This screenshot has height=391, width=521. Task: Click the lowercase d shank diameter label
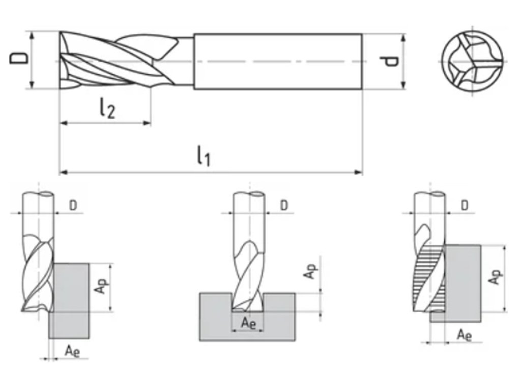(x=391, y=62)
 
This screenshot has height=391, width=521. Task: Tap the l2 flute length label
(x=107, y=108)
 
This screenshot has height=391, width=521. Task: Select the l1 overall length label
(x=204, y=156)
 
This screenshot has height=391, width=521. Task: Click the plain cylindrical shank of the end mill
(x=277, y=62)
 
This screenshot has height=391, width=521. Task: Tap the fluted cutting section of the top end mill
(x=117, y=62)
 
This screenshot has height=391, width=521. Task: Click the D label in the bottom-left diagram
(x=73, y=206)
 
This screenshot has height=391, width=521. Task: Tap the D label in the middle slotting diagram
(x=284, y=205)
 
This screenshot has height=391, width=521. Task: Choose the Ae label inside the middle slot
(x=248, y=322)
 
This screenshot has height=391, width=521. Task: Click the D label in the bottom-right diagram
(x=464, y=205)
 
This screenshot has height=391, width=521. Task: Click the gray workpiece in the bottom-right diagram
(x=463, y=283)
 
